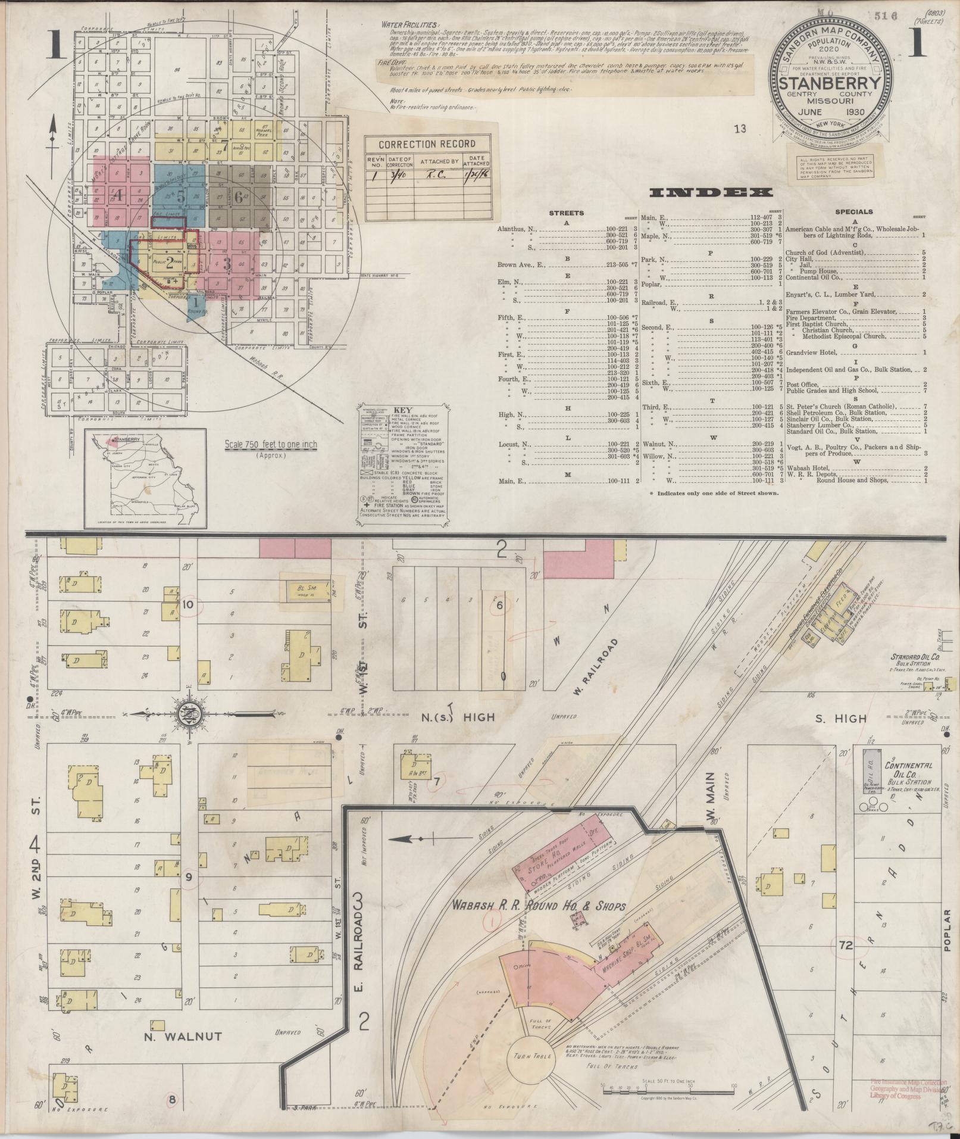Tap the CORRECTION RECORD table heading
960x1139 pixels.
pos(427,143)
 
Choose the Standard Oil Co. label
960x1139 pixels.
pos(914,658)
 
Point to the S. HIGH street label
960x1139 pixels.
pos(842,719)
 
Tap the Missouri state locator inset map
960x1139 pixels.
pos(146,478)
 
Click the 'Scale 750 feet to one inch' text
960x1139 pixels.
pos(271,444)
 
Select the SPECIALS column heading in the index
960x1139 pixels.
pos(853,211)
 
